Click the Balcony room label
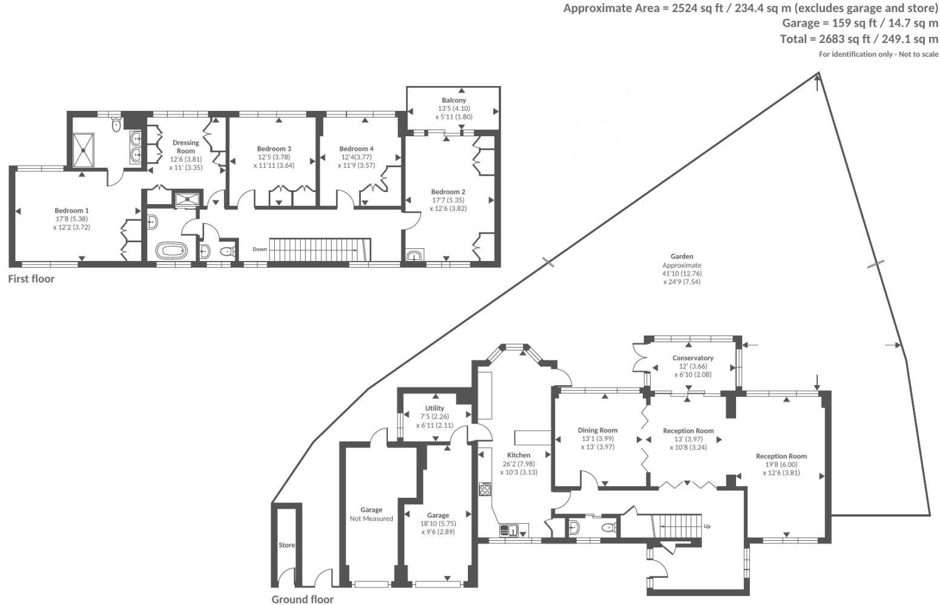pos(453,100)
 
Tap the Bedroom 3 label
pos(274,149)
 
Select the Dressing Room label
pos(185,147)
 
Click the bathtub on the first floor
pos(173,250)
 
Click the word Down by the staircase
pos(260,249)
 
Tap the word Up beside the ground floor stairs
pos(707,526)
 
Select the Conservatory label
pos(692,358)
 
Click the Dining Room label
pos(597,431)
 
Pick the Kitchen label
pos(519,455)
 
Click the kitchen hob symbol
pos(485,489)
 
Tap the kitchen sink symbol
pos(508,531)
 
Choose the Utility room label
pos(435,408)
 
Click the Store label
pos(286,545)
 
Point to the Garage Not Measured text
pos(371,514)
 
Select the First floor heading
pos(31,279)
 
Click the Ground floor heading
pos(302,600)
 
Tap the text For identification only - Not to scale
pos(878,55)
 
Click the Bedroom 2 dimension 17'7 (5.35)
pos(448,200)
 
